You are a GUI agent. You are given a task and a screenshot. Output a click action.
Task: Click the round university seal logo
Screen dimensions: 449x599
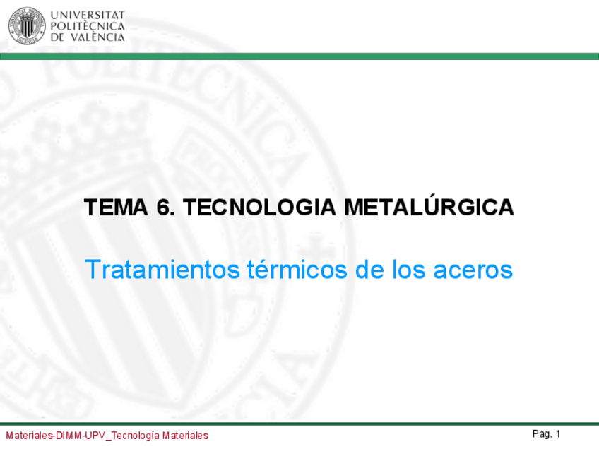coord(26,26)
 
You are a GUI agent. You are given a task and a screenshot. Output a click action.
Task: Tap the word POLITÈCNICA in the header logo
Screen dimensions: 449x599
coord(88,26)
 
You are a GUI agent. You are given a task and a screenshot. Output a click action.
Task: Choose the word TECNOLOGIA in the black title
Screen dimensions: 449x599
coord(259,208)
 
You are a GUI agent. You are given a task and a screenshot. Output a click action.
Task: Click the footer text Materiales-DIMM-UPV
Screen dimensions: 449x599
coord(57,436)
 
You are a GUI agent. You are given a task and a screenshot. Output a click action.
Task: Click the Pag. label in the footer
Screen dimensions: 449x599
coord(542,433)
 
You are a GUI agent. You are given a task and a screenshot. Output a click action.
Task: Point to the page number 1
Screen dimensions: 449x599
coord(558,433)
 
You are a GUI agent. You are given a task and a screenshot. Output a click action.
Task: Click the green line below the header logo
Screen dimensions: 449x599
coord(299,56)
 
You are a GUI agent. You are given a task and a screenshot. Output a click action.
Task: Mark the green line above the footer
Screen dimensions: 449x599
coord(299,424)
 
